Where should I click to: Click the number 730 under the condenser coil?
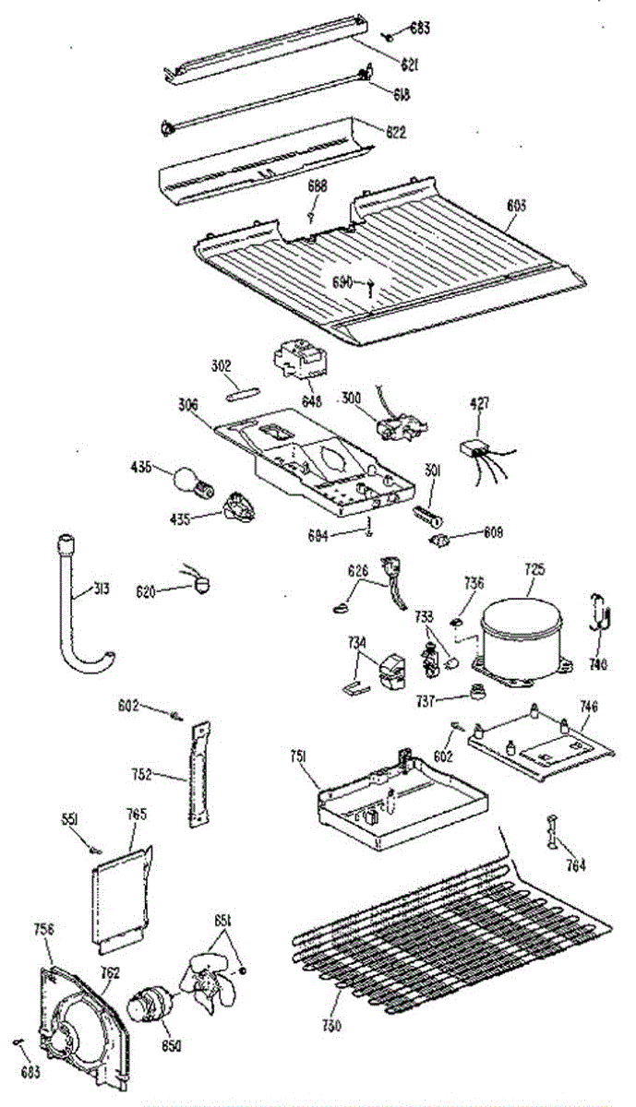[332, 1026]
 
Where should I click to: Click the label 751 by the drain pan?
[298, 756]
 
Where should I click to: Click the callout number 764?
[575, 865]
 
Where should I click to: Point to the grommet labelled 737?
[479, 693]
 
